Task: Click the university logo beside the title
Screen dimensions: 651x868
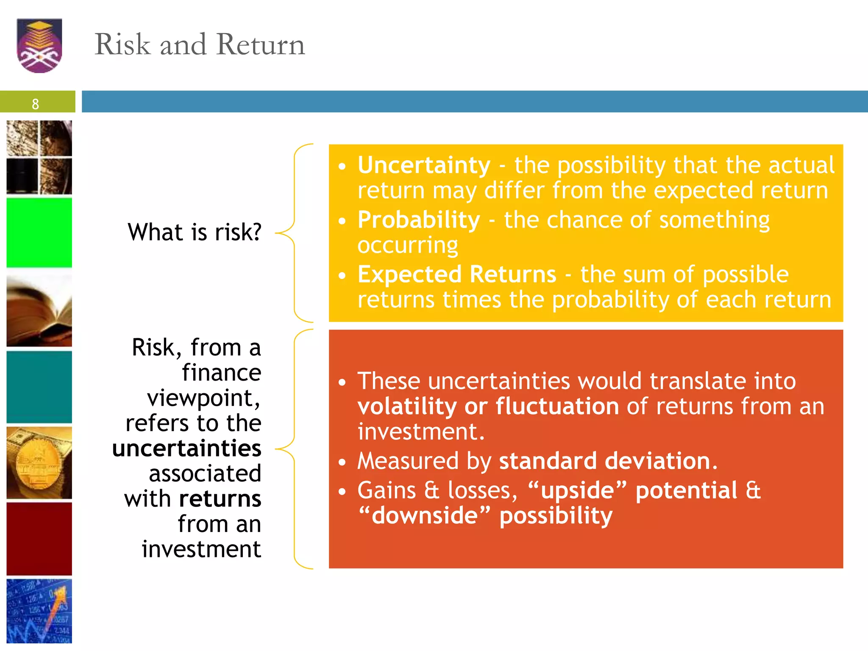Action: pyautogui.click(x=39, y=45)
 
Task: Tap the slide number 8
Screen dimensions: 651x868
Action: pyautogui.click(x=35, y=104)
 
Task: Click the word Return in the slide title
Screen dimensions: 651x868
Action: pyautogui.click(x=260, y=44)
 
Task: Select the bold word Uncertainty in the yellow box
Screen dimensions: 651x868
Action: pyautogui.click(x=424, y=165)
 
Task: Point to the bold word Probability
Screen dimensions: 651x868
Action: pyautogui.click(x=419, y=220)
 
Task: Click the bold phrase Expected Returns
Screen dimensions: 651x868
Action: pyautogui.click(x=456, y=275)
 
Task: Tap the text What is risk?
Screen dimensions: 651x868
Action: pyautogui.click(x=195, y=232)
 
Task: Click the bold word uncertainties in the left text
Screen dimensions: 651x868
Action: pyautogui.click(x=186, y=448)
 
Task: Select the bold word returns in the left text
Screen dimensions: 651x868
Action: pyautogui.click(x=220, y=499)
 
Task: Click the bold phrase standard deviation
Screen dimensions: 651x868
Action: pyautogui.click(x=608, y=461)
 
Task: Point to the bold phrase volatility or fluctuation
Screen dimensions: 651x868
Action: pyautogui.click(x=488, y=406)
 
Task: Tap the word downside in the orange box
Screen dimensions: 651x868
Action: pyautogui.click(x=424, y=516)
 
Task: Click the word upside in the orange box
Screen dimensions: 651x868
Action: pyautogui.click(x=577, y=490)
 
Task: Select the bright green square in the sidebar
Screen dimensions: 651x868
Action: pyautogui.click(x=39, y=233)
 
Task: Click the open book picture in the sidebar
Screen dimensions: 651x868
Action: pyautogui.click(x=39, y=311)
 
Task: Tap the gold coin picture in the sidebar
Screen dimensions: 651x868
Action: pyautogui.click(x=39, y=463)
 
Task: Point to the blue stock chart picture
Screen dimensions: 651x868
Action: pyautogui.click(x=39, y=611)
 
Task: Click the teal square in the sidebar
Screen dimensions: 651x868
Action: pyautogui.click(x=39, y=387)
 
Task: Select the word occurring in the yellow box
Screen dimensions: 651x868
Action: pyautogui.click(x=408, y=245)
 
